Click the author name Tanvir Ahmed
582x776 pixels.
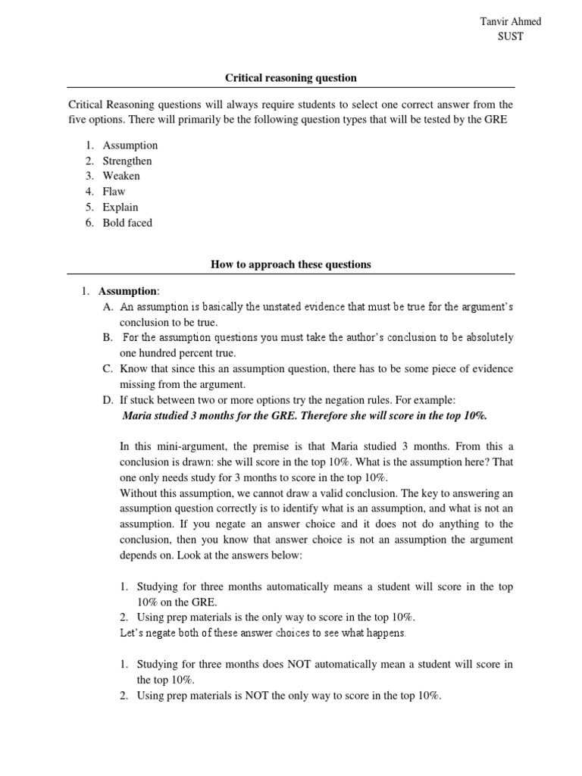coord(511,21)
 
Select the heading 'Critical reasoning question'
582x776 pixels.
coord(291,77)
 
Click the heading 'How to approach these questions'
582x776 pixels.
coord(291,264)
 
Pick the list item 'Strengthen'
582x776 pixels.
coord(127,161)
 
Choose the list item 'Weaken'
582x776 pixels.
coord(122,176)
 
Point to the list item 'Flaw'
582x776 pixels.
coord(114,192)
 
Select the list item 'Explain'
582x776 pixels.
coord(120,207)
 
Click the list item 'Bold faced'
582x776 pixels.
coord(127,223)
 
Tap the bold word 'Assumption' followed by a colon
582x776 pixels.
coord(126,291)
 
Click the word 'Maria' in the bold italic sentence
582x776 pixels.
coord(137,415)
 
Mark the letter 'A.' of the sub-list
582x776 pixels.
coord(107,306)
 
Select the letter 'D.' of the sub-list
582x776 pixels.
coord(107,399)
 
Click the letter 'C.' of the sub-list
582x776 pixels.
coord(107,368)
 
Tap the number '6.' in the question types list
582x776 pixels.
coord(89,223)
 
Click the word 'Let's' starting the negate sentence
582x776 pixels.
coord(133,632)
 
